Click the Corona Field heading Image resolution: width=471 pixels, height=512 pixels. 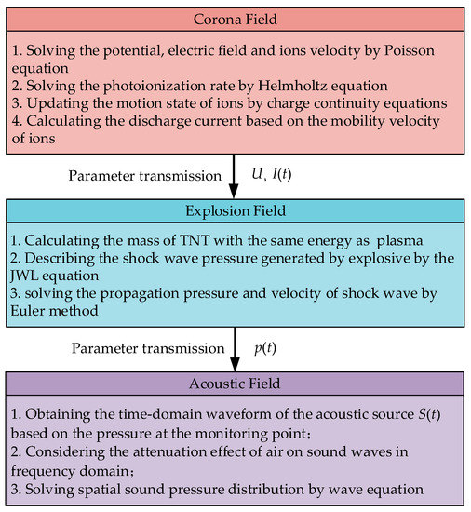pyautogui.click(x=235, y=20)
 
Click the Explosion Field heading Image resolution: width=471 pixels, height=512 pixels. pyautogui.click(x=235, y=210)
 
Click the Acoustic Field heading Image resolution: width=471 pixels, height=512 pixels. pyautogui.click(x=235, y=383)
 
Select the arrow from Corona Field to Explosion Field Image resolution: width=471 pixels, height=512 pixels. pyautogui.click(x=235, y=176)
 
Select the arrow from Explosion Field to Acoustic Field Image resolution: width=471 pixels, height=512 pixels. pyautogui.click(x=235, y=348)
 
